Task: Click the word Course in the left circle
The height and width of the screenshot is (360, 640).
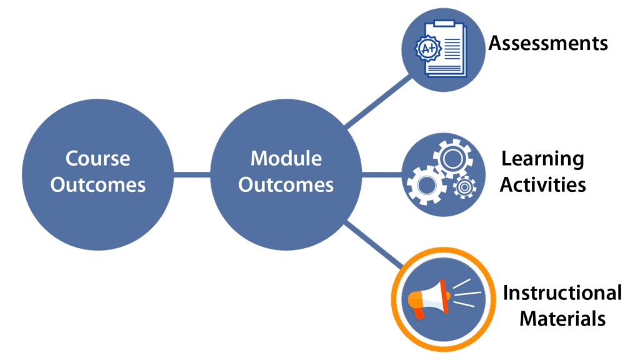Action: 98,158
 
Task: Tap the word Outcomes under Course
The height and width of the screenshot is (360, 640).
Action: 98,185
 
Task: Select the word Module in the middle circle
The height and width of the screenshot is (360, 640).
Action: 286,158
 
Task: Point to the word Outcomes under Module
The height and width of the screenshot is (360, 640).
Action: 286,185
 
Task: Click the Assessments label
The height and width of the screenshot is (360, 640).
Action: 548,43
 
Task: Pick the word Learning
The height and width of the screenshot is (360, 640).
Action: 543,159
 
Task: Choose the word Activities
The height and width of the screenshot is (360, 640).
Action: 543,185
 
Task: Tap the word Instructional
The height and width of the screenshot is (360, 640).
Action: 562,292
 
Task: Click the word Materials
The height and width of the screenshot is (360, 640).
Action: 562,319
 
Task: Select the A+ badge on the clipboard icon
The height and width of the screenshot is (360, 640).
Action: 428,49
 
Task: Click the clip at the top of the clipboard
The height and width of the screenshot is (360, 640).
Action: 444,23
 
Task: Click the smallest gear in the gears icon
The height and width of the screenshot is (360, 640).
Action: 464,187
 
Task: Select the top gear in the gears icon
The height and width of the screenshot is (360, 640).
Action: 452,159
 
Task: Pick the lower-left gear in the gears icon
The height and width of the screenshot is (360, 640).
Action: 426,186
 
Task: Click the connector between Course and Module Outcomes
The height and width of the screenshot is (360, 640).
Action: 192,175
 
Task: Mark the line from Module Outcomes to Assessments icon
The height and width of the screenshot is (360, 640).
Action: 378,101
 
